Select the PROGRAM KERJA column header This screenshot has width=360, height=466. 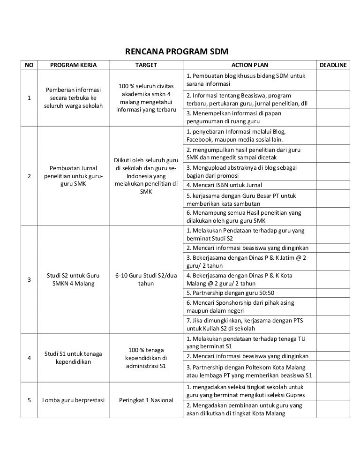tap(73, 65)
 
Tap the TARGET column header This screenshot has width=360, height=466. tap(146, 65)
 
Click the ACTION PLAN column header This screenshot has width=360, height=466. tap(250, 65)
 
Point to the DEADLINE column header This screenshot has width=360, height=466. tap(333, 65)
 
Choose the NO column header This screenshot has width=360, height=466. tap(30, 65)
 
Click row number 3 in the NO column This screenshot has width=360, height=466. tap(30, 280)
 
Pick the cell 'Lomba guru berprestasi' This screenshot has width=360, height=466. tap(73, 400)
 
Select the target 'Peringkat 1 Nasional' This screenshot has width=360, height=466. tap(146, 400)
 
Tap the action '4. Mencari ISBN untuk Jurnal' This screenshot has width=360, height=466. tap(224, 185)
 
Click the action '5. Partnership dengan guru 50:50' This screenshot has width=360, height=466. tap(230, 293)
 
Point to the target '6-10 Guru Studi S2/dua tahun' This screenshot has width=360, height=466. tap(146, 279)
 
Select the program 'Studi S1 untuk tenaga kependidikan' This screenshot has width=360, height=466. tap(73, 357)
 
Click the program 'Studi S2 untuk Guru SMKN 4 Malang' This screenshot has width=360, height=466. tap(73, 279)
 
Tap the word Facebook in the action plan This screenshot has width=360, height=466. tap(201, 140)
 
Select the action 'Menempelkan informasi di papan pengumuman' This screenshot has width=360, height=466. tap(240, 117)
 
